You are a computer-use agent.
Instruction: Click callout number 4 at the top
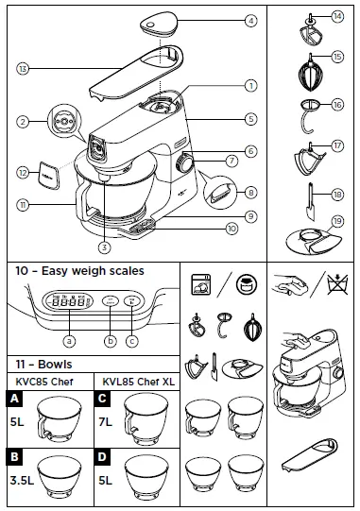click(x=251, y=20)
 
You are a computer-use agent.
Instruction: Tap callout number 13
click(x=23, y=68)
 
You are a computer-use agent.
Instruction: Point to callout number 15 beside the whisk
click(x=337, y=59)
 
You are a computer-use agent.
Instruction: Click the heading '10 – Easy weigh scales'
click(x=79, y=271)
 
